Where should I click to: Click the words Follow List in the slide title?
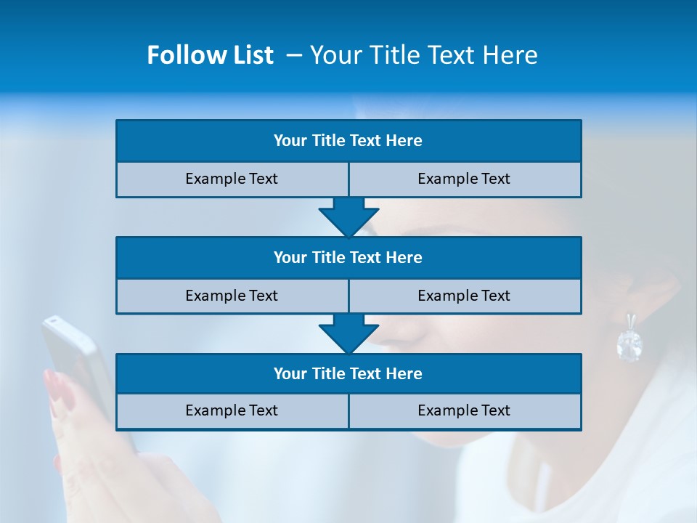tap(210, 55)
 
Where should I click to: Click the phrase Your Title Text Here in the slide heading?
tap(424, 55)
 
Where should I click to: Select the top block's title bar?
tap(348, 141)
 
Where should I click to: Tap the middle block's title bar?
tap(348, 258)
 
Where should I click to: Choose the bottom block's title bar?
tap(348, 374)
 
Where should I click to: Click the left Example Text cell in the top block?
tap(232, 179)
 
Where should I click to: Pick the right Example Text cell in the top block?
tap(465, 179)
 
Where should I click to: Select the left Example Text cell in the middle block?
tap(232, 296)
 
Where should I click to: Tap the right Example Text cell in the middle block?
tap(465, 296)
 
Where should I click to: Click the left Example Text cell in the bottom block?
tap(232, 411)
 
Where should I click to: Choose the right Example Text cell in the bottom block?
tap(465, 411)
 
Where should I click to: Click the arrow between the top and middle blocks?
tap(348, 217)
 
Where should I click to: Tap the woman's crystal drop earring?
tap(629, 343)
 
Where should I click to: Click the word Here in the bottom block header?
tap(405, 374)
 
